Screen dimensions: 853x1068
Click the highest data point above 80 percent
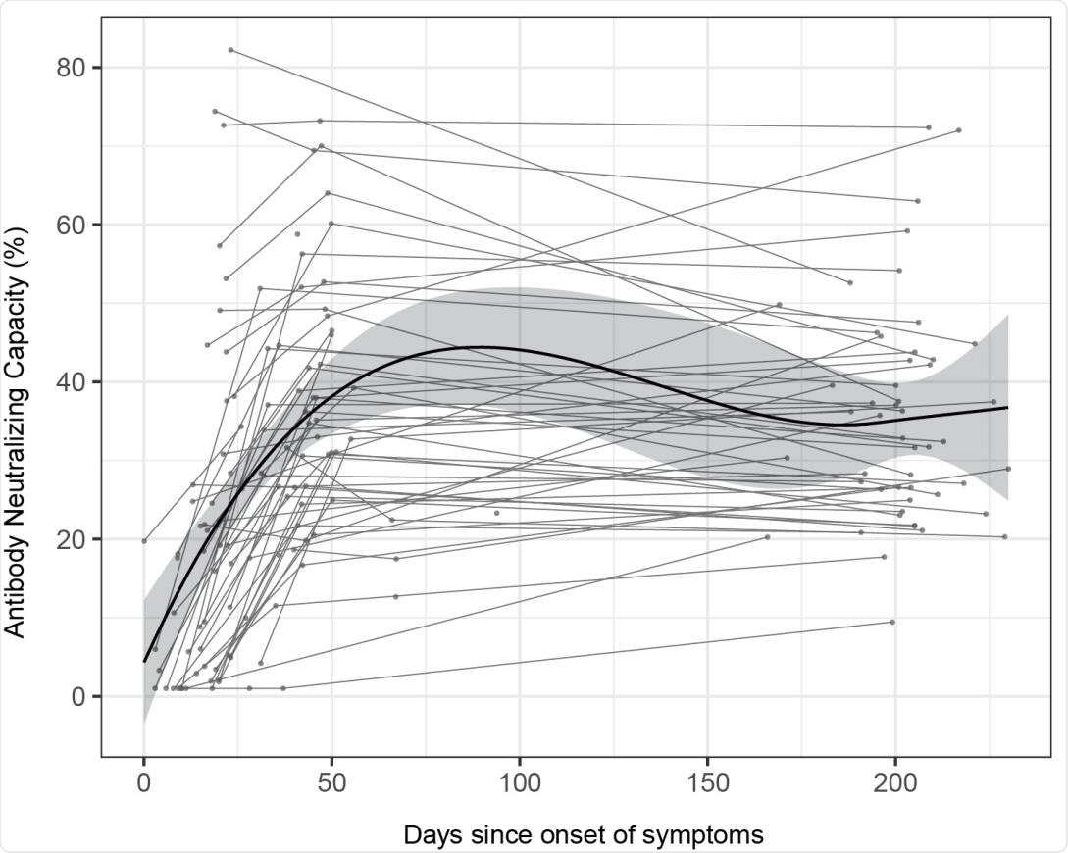[230, 49]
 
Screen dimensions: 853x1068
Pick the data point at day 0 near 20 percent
[144, 540]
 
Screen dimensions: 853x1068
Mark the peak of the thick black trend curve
[481, 347]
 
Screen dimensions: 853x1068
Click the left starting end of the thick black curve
[144, 661]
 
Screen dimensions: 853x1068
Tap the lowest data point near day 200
[891, 622]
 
